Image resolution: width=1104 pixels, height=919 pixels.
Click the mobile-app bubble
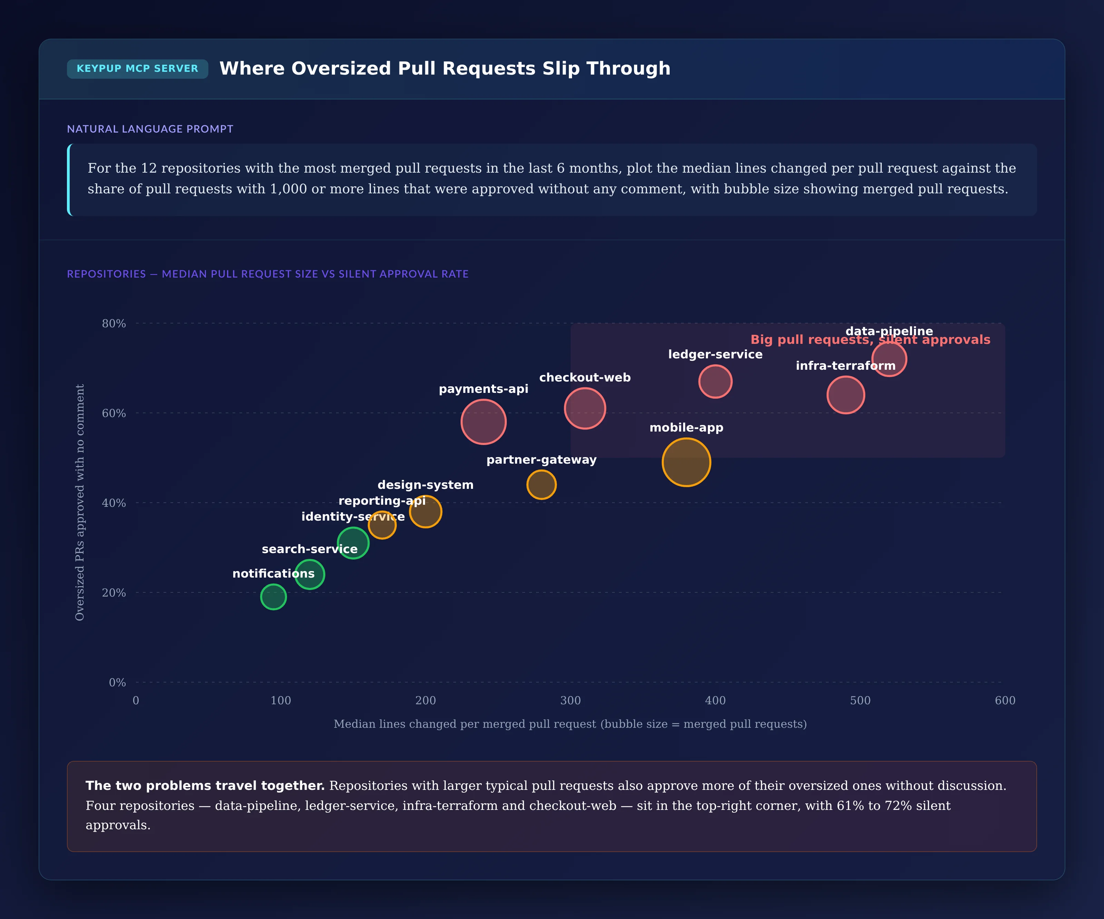tap(686, 462)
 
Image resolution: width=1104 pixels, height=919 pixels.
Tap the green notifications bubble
tap(273, 597)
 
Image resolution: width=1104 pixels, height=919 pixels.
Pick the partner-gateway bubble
tap(542, 484)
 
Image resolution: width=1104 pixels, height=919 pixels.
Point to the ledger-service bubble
tap(715, 381)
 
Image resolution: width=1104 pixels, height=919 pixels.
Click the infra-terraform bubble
tap(845, 395)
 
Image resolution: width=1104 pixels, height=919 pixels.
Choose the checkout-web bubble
tap(584, 408)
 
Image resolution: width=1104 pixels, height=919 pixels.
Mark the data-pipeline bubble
tap(889, 359)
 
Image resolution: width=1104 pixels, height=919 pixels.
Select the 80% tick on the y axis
tap(114, 323)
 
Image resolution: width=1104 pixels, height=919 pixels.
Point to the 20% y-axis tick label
tap(114, 592)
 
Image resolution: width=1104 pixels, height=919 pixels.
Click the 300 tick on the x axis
tap(570, 700)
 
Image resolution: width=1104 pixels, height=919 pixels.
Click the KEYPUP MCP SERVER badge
tap(137, 68)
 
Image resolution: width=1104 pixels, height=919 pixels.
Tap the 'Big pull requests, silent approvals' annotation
tap(870, 339)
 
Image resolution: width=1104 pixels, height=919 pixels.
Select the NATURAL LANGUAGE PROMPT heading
tap(150, 129)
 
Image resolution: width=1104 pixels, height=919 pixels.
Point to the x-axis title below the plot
tap(570, 724)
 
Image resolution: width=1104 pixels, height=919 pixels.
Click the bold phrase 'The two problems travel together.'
tap(205, 785)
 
